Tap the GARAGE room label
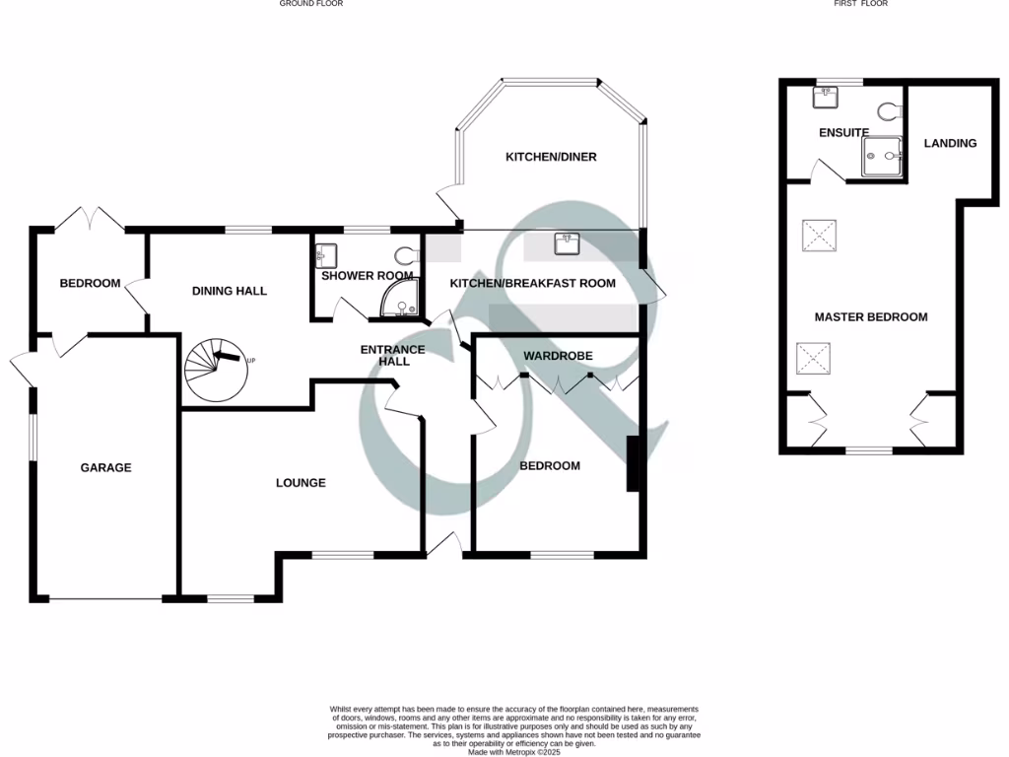pyautogui.click(x=105, y=467)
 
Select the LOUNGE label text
pyautogui.click(x=301, y=483)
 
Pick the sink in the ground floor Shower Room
pyautogui.click(x=327, y=255)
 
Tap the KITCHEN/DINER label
pyautogui.click(x=551, y=157)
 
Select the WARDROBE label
pyautogui.click(x=557, y=355)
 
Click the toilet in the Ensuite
pyautogui.click(x=893, y=110)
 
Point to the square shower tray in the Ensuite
pyautogui.click(x=882, y=156)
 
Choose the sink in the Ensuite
pyautogui.click(x=826, y=98)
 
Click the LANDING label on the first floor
pyautogui.click(x=950, y=143)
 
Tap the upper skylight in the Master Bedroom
pyautogui.click(x=818, y=236)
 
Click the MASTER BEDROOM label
pyautogui.click(x=870, y=316)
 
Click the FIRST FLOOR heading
pyautogui.click(x=861, y=4)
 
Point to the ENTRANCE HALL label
pyautogui.click(x=392, y=355)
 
